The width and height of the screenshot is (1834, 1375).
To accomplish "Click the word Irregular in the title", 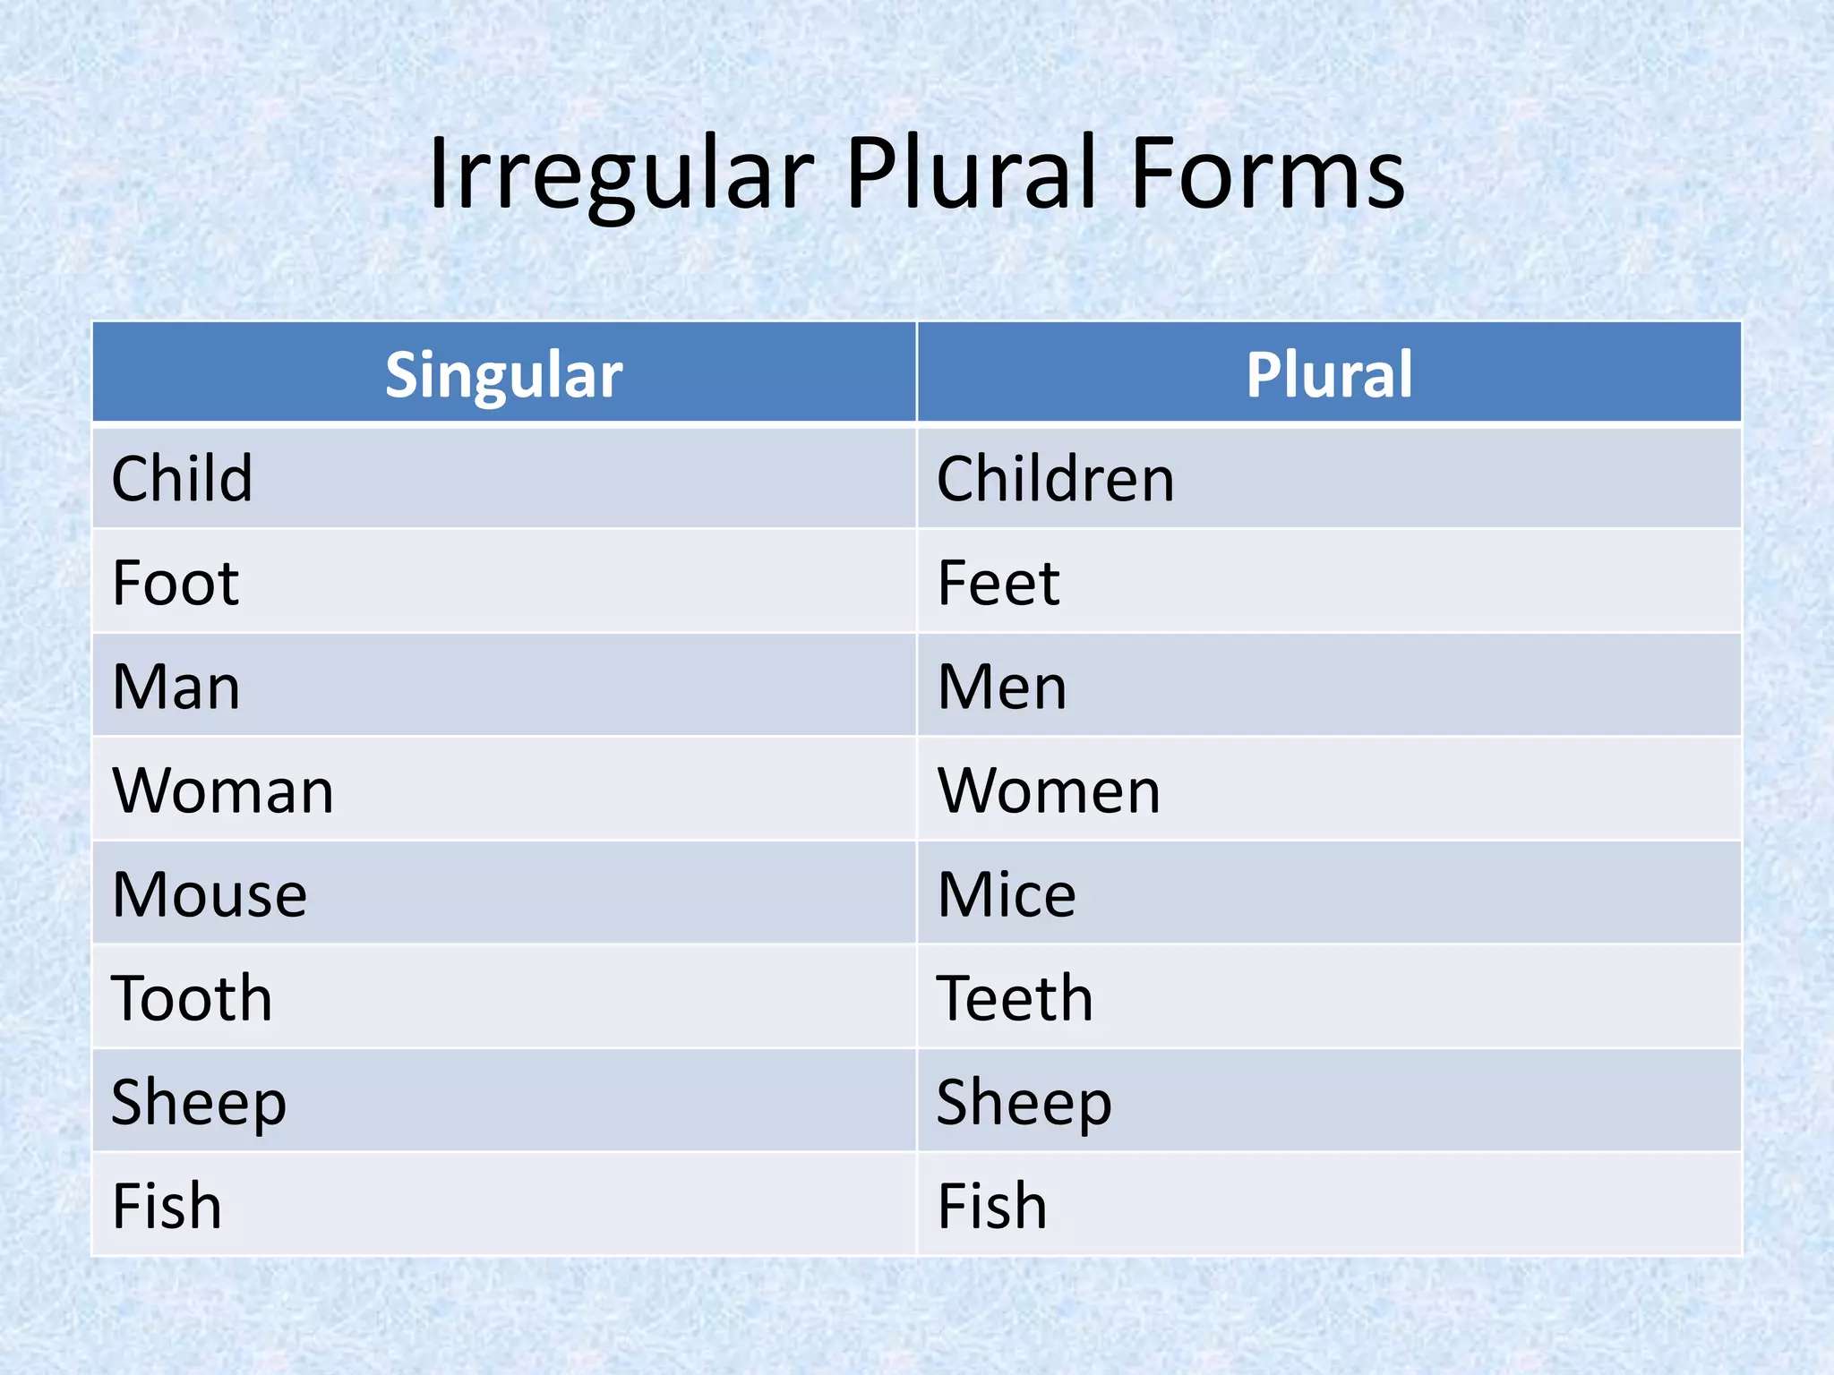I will [621, 175].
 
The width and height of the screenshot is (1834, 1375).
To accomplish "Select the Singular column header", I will [503, 374].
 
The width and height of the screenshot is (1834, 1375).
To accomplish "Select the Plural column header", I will [1329, 374].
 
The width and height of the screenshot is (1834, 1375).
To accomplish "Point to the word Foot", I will [176, 584].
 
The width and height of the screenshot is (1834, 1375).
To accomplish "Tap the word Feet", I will [998, 584].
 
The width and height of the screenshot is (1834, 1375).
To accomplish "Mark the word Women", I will [1049, 791].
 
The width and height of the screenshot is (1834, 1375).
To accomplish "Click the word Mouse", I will [210, 895].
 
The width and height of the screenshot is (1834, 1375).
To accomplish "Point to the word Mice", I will [1007, 895].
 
